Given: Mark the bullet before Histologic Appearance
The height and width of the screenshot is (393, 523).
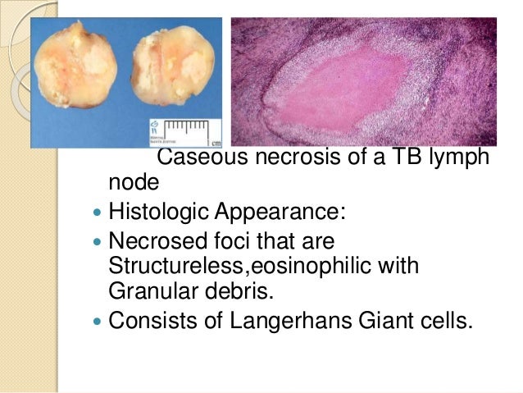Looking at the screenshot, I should coord(99,213).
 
